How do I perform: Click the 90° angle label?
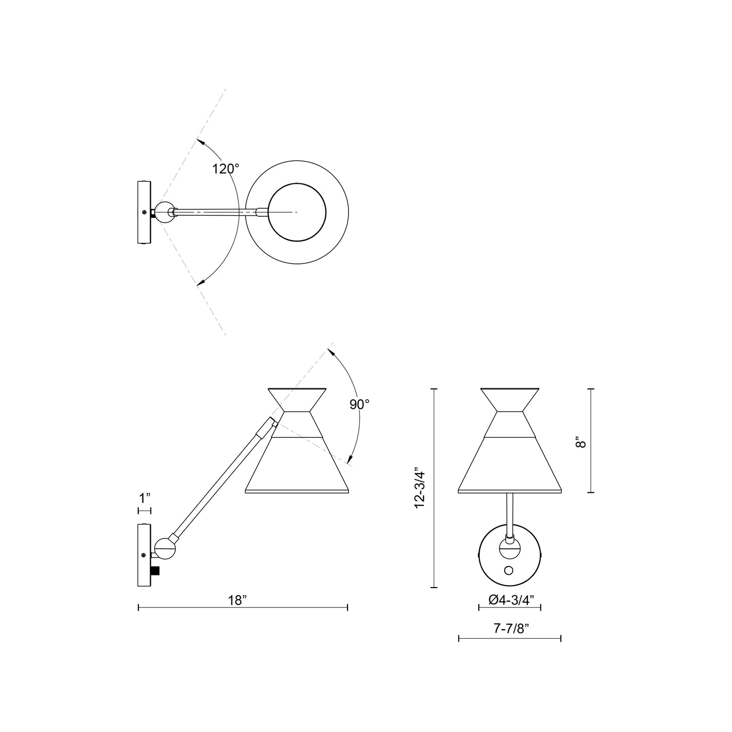(360, 404)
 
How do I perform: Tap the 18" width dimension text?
(237, 600)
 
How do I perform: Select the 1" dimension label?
(145, 498)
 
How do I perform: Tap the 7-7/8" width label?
(511, 629)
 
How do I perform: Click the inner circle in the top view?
(296, 212)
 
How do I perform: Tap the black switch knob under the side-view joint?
(156, 570)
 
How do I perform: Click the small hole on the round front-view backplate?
(509, 571)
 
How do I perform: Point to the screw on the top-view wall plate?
(145, 212)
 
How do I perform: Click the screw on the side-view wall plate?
(145, 556)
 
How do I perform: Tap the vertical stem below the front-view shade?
(510, 512)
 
